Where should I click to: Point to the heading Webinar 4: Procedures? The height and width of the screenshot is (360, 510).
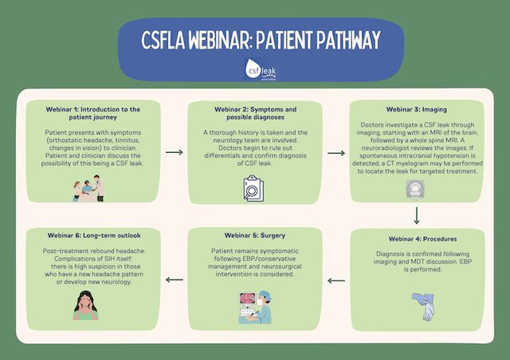[416, 238]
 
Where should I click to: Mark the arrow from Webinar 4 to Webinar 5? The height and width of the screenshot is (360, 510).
[336, 280]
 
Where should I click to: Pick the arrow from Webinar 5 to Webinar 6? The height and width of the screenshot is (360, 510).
[173, 280]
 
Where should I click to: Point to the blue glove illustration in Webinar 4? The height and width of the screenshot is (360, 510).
[419, 306]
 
